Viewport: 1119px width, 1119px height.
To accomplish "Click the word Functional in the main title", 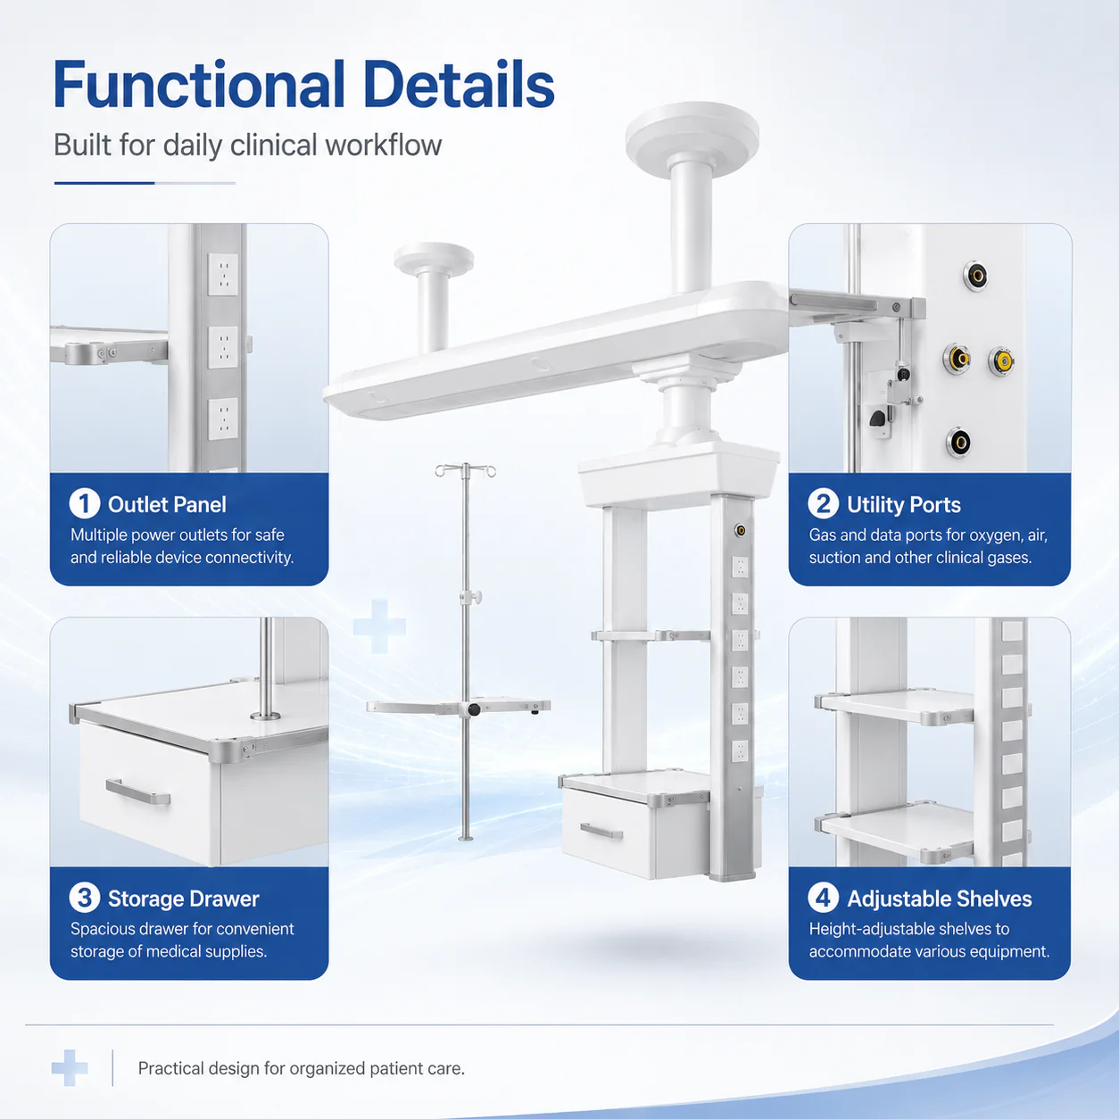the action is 199,85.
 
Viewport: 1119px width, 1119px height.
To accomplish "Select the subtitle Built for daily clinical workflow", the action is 247,145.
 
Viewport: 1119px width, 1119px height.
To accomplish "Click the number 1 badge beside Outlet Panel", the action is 85,503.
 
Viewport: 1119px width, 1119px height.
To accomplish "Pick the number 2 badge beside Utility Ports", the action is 824,503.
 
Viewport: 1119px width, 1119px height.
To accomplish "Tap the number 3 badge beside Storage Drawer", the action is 85,898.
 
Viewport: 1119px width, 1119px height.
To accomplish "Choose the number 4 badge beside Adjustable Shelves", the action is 824,898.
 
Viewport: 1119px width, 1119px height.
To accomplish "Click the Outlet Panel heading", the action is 167,505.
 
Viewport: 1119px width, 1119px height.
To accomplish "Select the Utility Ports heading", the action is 904,505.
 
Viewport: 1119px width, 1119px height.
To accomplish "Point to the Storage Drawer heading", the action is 184,899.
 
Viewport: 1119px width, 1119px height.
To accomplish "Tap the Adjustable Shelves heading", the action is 939,899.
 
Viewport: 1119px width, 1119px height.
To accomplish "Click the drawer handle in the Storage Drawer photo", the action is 137,792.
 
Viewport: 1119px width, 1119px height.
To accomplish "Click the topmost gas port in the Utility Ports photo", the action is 976,275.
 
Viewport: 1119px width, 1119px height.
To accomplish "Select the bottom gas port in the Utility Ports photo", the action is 958,443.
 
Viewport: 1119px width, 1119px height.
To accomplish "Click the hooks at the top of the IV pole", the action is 466,469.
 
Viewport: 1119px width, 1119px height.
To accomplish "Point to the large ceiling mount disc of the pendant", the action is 692,131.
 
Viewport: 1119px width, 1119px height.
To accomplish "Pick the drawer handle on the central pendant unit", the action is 601,832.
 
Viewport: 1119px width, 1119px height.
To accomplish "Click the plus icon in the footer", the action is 70,1068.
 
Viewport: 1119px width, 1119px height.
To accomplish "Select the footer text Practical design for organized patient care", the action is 302,1068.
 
